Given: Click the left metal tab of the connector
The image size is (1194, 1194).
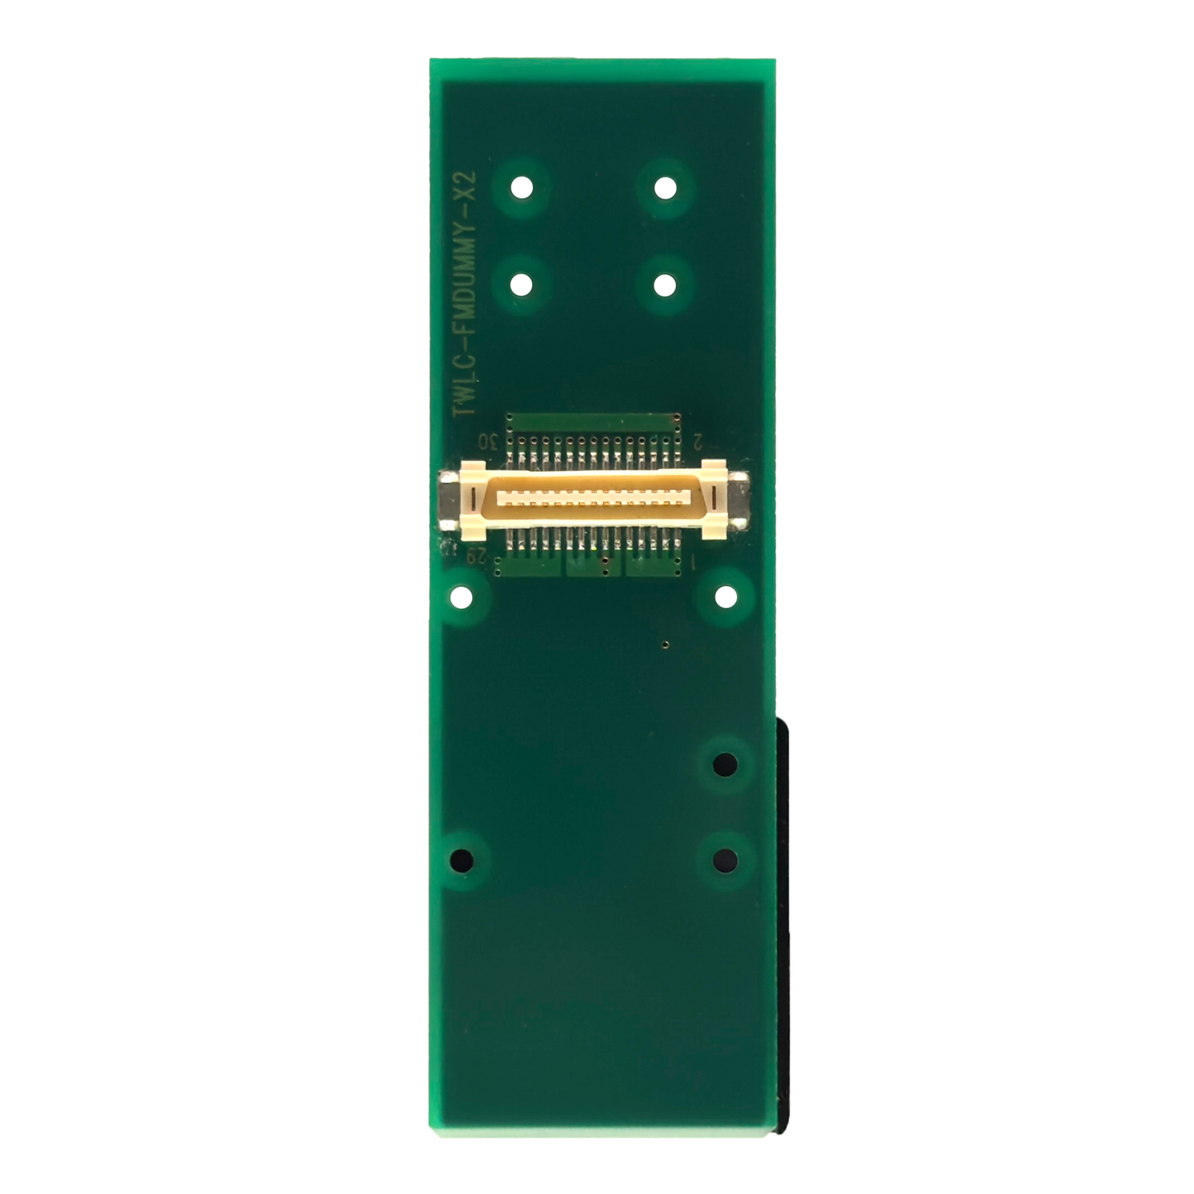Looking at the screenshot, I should pyautogui.click(x=447, y=500).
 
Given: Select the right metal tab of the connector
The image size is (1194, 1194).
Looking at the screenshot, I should pyautogui.click(x=740, y=500).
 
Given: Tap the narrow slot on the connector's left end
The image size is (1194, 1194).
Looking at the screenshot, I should pyautogui.click(x=473, y=500).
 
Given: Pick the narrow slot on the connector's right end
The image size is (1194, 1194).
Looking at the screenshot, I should pyautogui.click(x=711, y=500).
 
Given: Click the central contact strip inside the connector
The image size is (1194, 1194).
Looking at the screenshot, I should pyautogui.click(x=592, y=500).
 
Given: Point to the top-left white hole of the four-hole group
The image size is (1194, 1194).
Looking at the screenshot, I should pyautogui.click(x=521, y=188).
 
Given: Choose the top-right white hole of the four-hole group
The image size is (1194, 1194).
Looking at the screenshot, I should pyautogui.click(x=665, y=188).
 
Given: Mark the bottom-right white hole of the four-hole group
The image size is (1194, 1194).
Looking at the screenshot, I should pyautogui.click(x=665, y=284).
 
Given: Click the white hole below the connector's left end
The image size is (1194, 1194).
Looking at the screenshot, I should pyautogui.click(x=461, y=596).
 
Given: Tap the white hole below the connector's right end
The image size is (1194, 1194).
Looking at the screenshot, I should pyautogui.click(x=725, y=596).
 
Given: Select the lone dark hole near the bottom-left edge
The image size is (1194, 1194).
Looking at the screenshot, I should pyautogui.click(x=461, y=860).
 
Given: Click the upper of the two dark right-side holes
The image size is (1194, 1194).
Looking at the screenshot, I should pyautogui.click(x=725, y=763).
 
